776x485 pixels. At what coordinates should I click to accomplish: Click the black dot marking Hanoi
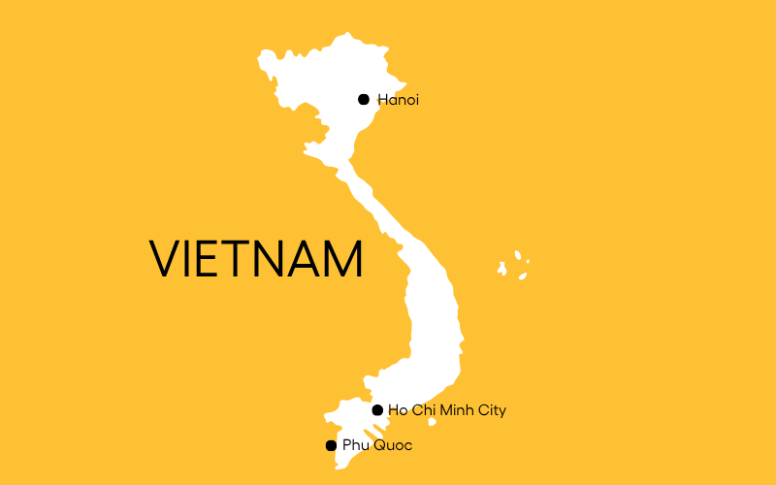tap(364, 99)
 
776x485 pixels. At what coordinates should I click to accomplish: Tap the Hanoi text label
tap(398, 99)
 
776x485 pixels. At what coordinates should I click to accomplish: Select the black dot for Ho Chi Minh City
tap(377, 410)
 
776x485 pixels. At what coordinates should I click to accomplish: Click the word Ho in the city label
tap(396, 410)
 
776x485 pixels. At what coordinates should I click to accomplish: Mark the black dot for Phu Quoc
tap(331, 445)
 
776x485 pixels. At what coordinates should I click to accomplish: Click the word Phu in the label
tap(353, 445)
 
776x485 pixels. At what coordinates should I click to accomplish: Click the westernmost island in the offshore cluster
tap(502, 267)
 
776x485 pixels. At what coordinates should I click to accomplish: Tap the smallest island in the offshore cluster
tap(528, 261)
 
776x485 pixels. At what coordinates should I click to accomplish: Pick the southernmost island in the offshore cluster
tap(523, 275)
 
